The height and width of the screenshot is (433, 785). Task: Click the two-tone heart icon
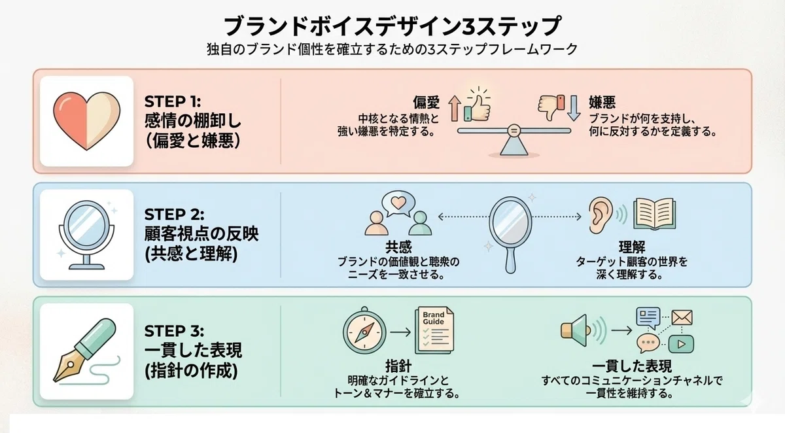(x=86, y=121)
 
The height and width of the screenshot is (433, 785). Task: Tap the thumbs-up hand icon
(x=477, y=107)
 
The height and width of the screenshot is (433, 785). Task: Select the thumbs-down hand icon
(x=551, y=107)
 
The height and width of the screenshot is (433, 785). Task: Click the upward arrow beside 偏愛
(x=455, y=109)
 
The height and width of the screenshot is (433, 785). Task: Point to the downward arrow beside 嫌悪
(x=574, y=109)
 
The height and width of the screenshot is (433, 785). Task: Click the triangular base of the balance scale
(x=514, y=146)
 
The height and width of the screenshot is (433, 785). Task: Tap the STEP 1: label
(x=173, y=101)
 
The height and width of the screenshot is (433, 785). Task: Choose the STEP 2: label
(x=174, y=215)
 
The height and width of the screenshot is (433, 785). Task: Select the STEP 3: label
(x=174, y=331)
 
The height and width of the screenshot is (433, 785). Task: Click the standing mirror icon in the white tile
(x=86, y=234)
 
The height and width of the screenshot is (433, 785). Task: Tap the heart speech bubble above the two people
(x=398, y=203)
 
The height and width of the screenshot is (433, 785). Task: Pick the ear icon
(x=601, y=215)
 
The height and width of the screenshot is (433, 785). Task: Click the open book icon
(x=654, y=214)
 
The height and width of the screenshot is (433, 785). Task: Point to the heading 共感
(x=398, y=247)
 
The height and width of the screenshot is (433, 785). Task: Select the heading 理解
(x=632, y=247)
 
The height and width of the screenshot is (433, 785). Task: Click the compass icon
(x=364, y=331)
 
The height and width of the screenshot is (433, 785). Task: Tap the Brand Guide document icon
(x=434, y=331)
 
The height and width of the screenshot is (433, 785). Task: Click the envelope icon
(x=682, y=317)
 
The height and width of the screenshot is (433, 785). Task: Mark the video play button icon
(x=681, y=344)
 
